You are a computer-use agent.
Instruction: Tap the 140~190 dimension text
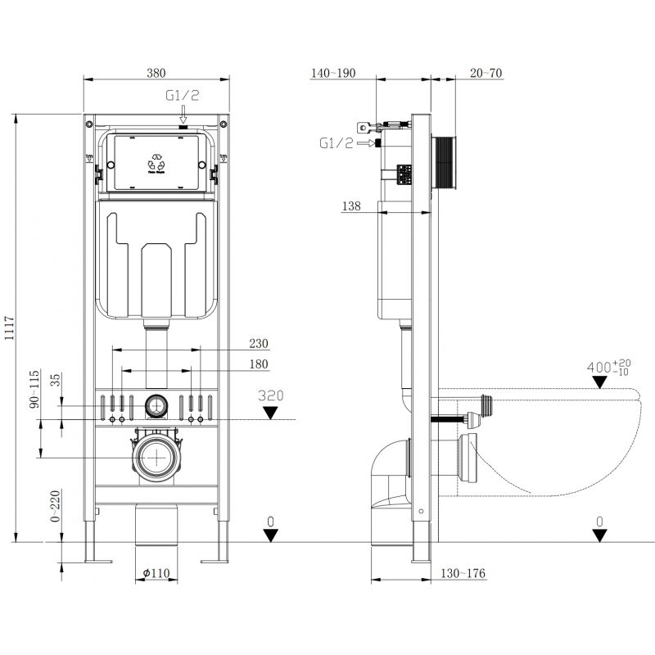pyautogui.click(x=333, y=73)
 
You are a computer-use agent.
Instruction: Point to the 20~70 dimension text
pyautogui.click(x=486, y=73)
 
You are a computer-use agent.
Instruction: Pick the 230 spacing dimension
pyautogui.click(x=260, y=343)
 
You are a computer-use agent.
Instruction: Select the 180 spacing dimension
pyautogui.click(x=260, y=364)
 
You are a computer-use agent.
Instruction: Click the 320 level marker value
pyautogui.click(x=271, y=395)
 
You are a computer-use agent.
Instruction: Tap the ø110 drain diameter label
pyautogui.click(x=155, y=573)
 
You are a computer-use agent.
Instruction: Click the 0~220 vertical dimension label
pyautogui.click(x=55, y=507)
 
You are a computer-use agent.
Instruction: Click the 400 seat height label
pyautogui.click(x=603, y=366)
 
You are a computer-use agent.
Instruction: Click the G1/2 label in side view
pyautogui.click(x=336, y=143)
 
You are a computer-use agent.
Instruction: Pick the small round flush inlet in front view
pyautogui.click(x=156, y=404)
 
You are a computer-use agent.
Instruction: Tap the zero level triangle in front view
pyautogui.click(x=271, y=535)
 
